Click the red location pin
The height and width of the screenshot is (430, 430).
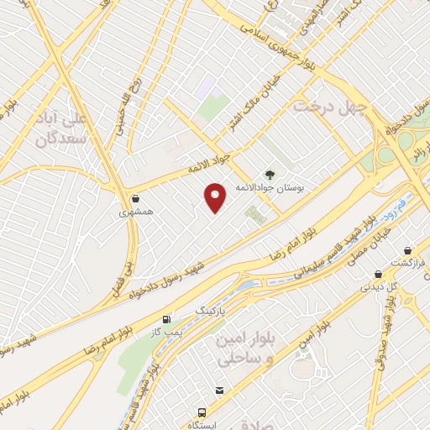(217, 197)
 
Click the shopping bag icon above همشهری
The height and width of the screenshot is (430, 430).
(135, 199)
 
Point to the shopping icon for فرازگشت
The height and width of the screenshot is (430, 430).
(407, 251)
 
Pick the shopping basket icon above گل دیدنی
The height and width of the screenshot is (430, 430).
(379, 274)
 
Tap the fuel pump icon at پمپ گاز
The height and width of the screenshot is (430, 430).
(166, 320)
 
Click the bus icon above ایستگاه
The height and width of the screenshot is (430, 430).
(202, 412)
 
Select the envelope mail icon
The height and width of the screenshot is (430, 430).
(219, 391)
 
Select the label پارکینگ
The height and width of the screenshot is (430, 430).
(211, 311)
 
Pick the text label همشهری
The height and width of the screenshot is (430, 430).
(135, 213)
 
